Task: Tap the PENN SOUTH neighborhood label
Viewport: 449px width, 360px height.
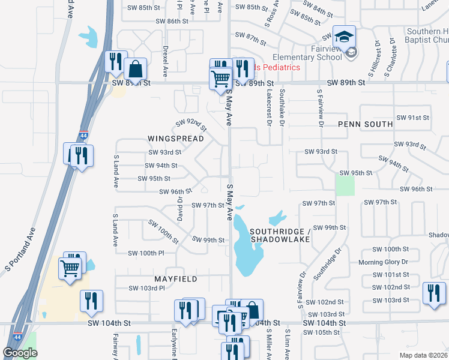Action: click(x=365, y=124)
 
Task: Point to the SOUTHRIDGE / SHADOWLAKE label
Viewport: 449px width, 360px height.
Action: click(x=280, y=235)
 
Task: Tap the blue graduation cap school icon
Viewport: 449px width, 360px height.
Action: click(x=344, y=37)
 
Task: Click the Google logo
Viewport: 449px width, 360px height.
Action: click(x=20, y=353)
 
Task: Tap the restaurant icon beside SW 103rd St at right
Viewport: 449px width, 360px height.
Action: click(x=433, y=294)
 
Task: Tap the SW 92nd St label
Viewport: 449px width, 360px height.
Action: click(x=191, y=125)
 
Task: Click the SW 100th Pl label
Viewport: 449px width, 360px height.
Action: click(x=146, y=254)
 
